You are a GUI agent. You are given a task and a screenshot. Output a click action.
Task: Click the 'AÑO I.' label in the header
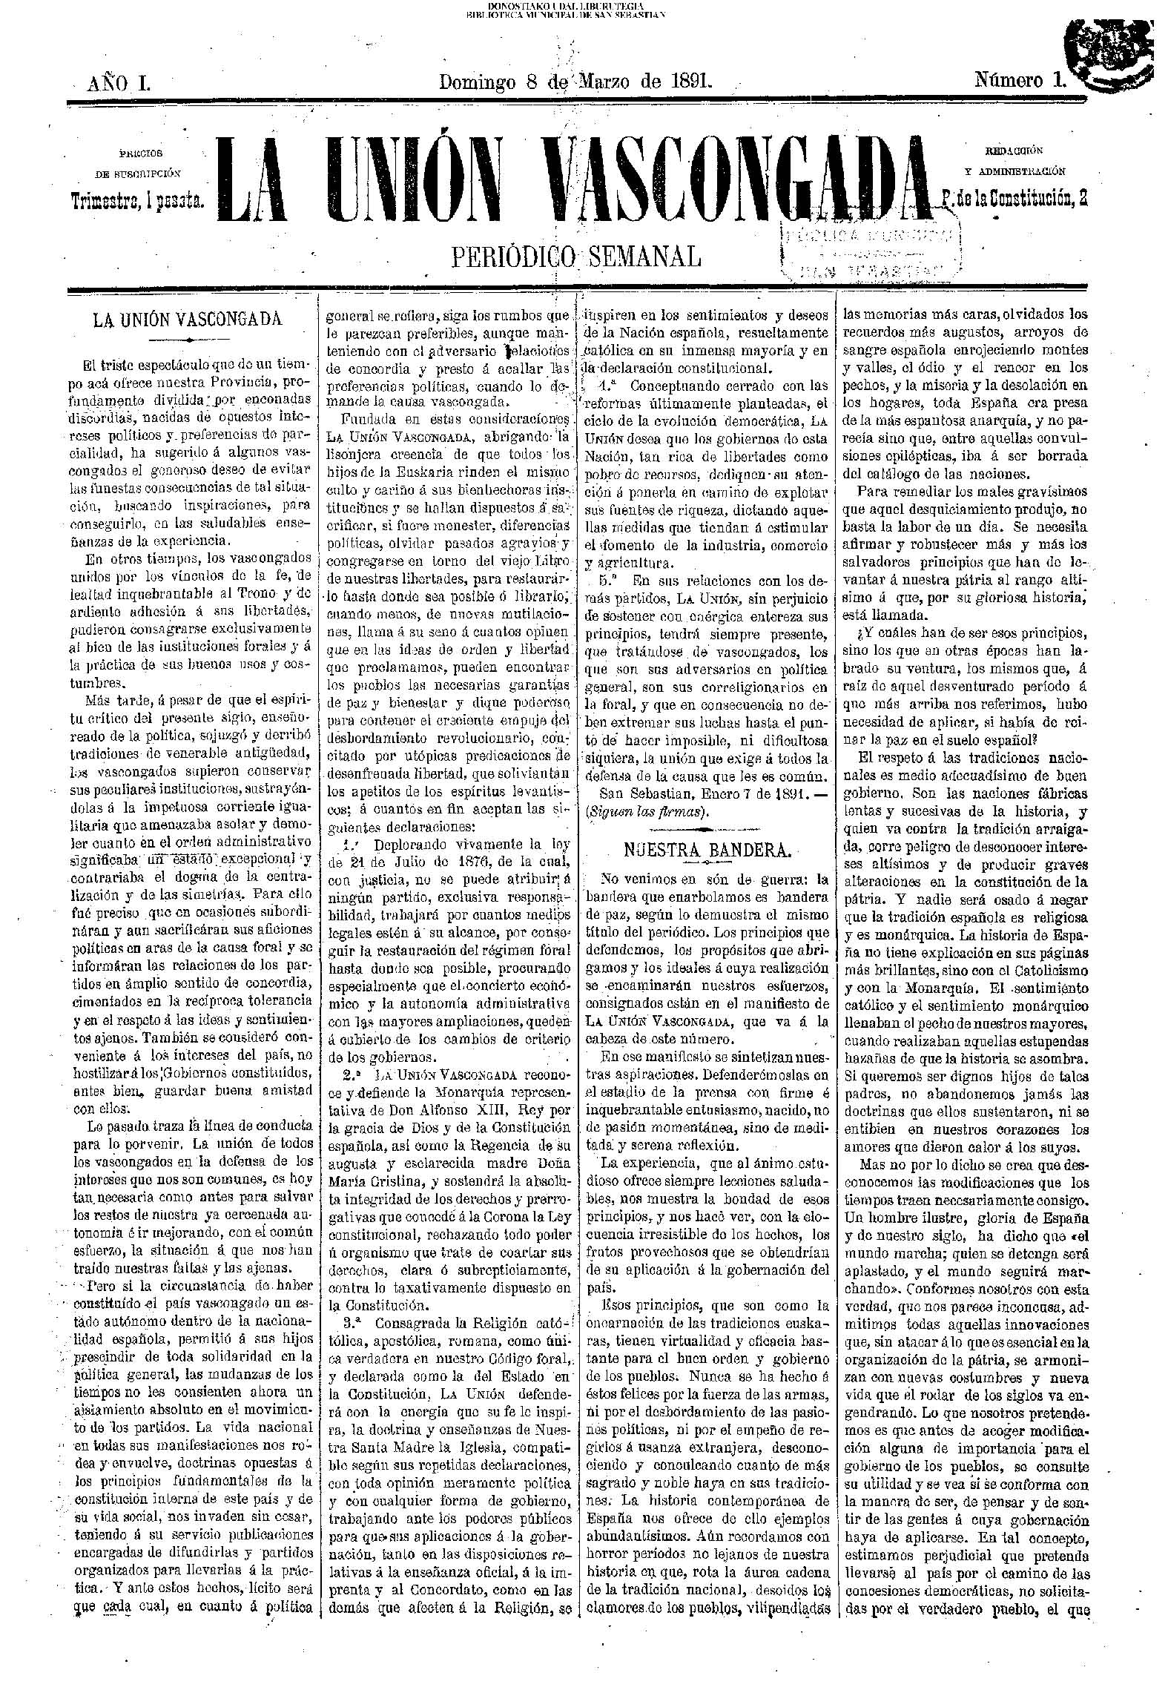[x=119, y=82]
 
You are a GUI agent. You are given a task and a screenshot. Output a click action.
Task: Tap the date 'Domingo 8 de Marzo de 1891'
[x=575, y=81]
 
